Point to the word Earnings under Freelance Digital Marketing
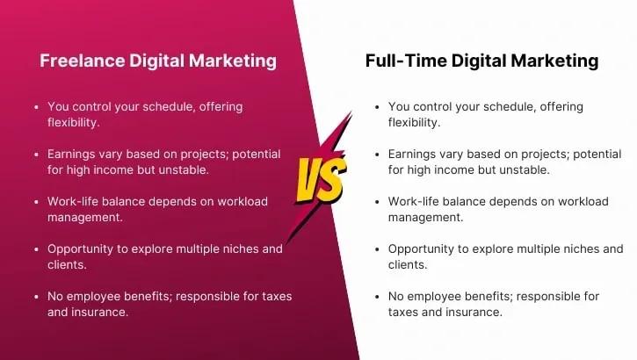pos(75,154)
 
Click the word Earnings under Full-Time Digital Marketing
pos(416,154)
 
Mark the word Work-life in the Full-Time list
pos(416,201)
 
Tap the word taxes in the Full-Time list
pos(405,312)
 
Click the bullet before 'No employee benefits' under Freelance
pos(35,297)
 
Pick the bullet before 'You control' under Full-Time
pos(376,107)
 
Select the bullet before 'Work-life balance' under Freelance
pos(35,202)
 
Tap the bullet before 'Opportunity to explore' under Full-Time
pos(376,249)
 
